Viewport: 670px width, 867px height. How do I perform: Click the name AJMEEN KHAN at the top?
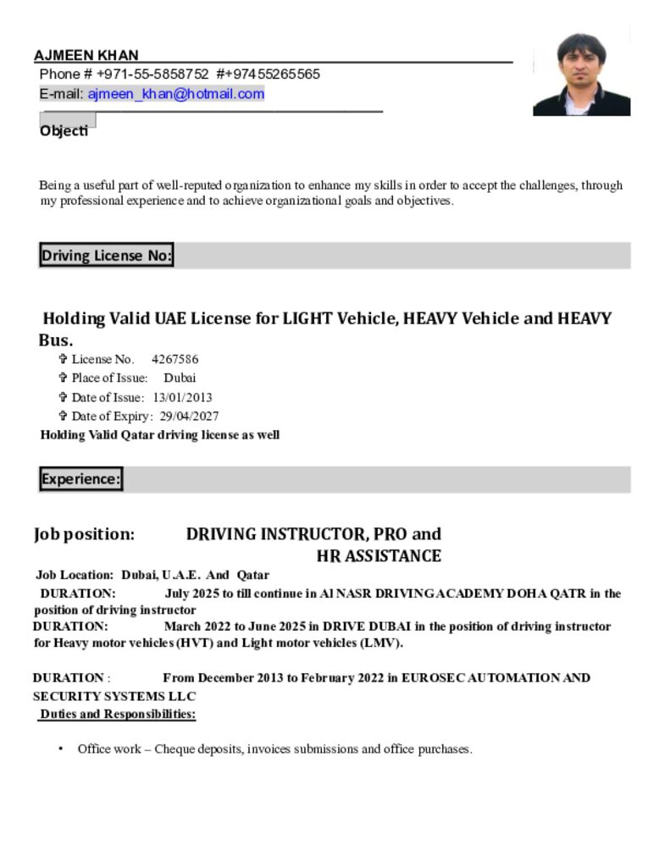(x=86, y=56)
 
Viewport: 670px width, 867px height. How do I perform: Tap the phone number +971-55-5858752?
(x=152, y=75)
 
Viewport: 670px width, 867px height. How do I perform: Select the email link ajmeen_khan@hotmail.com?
(x=176, y=94)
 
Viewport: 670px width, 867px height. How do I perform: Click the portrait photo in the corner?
(x=581, y=75)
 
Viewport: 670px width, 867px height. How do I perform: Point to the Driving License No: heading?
(x=106, y=256)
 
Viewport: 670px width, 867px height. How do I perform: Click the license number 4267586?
(x=174, y=359)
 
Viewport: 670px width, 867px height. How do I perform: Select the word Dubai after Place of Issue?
(x=180, y=378)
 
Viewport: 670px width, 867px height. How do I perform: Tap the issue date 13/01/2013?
(x=182, y=397)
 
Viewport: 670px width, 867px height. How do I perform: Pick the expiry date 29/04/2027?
(x=189, y=416)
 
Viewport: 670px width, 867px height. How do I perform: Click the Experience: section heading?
(x=80, y=479)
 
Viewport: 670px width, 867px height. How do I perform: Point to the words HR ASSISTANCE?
(x=379, y=556)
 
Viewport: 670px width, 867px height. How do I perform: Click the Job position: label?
(x=84, y=534)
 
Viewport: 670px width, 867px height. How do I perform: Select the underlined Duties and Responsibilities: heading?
(x=118, y=714)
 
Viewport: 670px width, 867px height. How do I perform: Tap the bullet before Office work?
(x=61, y=749)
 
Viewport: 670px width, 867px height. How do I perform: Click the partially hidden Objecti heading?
(x=64, y=131)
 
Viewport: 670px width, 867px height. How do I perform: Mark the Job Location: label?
(x=75, y=575)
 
